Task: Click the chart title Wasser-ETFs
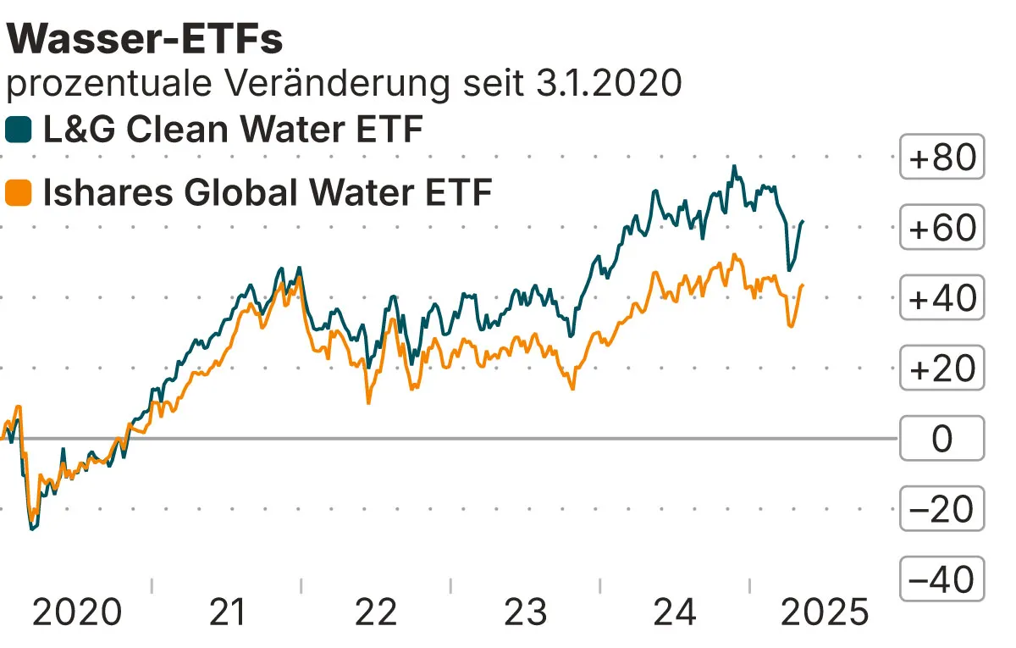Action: click(145, 39)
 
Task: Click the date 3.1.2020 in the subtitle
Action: click(609, 84)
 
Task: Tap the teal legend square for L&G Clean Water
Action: click(19, 130)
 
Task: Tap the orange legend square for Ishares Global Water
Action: click(19, 193)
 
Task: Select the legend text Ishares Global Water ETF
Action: click(267, 193)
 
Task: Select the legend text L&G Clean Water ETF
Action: click(232, 130)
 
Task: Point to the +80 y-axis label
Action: click(941, 158)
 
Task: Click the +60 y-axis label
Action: click(941, 228)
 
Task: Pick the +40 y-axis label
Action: click(941, 298)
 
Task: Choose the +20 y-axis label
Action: click(941, 368)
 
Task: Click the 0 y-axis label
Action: click(941, 439)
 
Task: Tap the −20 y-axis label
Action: click(941, 509)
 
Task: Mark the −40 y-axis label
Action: click(941, 579)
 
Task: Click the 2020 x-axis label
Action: click(76, 612)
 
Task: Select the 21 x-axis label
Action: click(226, 612)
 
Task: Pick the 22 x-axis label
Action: click(376, 612)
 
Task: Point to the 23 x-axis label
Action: click(526, 612)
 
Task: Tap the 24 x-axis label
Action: click(675, 612)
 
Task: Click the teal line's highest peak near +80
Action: click(734, 167)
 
